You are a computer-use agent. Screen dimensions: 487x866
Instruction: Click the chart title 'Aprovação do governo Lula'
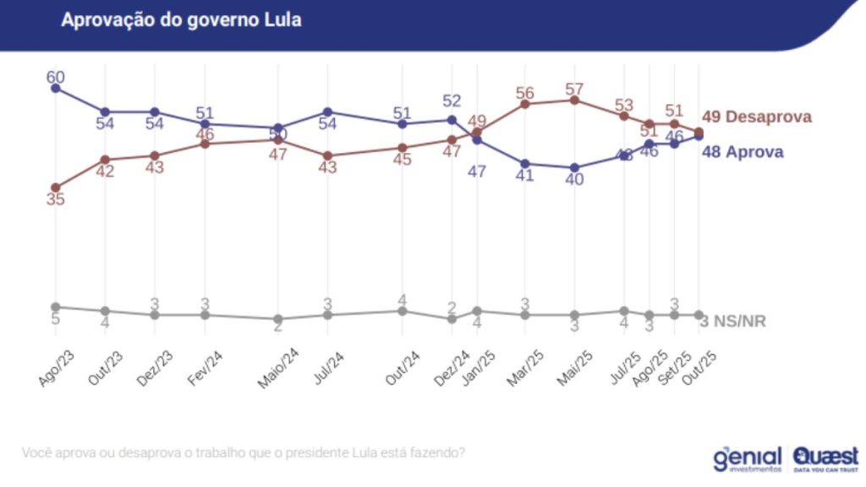tap(181, 19)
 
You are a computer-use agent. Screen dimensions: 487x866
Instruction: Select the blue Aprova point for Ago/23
tap(56, 87)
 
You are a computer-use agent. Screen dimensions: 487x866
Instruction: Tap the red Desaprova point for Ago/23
tap(56, 188)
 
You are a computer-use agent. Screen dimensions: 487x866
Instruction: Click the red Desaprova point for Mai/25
tap(575, 100)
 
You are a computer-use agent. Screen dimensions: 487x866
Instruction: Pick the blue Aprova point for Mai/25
tap(575, 167)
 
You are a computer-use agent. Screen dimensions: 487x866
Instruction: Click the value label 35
tap(56, 201)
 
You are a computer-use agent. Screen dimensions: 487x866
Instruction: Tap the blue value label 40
tap(575, 181)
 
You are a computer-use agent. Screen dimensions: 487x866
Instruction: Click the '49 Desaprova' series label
tap(757, 117)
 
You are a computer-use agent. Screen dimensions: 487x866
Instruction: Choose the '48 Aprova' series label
tap(743, 152)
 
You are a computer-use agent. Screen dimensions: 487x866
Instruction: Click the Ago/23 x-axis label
tap(57, 369)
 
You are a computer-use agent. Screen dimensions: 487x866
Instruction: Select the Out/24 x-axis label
tap(403, 369)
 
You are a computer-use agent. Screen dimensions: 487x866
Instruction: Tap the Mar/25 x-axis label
tap(525, 369)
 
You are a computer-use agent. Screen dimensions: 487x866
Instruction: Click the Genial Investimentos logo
tap(747, 457)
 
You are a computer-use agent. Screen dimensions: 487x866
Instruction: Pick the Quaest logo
tap(825, 457)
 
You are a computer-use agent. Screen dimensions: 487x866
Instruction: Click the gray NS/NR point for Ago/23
tap(56, 307)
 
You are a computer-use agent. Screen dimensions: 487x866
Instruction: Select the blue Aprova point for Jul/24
tap(328, 112)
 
